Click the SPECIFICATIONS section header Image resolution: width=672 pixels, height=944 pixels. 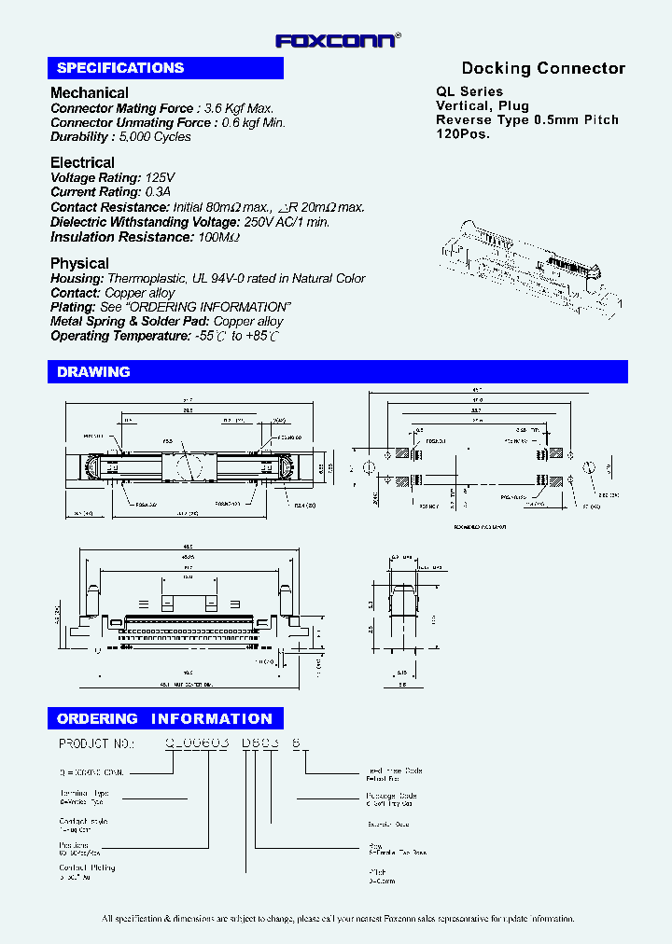pos(120,68)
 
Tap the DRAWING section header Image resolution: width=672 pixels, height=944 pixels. pos(93,372)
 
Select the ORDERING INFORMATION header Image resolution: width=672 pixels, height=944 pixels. pos(164,719)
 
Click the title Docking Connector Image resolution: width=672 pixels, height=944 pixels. pos(543,68)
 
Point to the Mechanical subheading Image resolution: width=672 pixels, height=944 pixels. pos(90,93)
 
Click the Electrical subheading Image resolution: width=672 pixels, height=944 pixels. pos(82,163)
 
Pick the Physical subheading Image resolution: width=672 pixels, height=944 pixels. pos(79,264)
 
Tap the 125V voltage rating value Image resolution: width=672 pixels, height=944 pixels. pos(160,178)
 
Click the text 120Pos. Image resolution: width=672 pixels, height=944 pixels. pos(463,134)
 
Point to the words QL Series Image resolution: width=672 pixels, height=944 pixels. pos(469,91)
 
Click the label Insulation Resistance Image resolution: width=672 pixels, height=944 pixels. pos(108,238)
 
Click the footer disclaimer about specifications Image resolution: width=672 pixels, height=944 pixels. pos(338,919)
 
